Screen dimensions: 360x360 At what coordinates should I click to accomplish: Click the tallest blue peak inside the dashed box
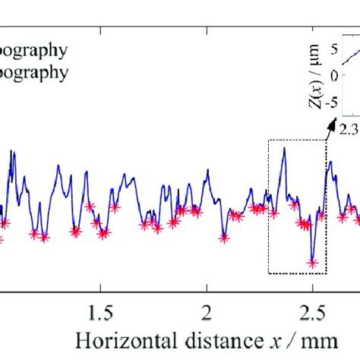[x=284, y=149]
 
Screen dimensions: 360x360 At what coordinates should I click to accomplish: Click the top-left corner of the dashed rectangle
[x=268, y=141]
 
